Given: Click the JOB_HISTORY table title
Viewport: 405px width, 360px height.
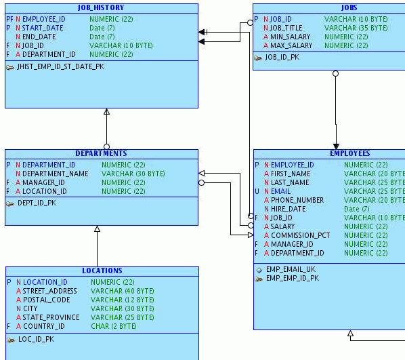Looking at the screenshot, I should [101, 8].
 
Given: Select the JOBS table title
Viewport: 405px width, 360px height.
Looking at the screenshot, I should [349, 8].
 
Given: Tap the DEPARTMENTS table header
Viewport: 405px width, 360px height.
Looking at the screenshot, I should [101, 153].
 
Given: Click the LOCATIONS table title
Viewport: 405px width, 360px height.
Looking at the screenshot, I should [102, 271].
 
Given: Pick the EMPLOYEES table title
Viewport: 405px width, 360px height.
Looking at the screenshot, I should [349, 153].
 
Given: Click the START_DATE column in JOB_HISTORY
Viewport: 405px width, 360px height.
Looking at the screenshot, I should [43, 28].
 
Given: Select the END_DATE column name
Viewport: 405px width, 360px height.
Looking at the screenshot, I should [39, 37].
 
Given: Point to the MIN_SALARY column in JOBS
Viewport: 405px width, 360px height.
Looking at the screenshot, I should [291, 37].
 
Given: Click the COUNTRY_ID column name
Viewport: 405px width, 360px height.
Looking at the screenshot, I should [44, 326].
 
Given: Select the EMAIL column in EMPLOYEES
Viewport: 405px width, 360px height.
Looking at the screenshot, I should [281, 192].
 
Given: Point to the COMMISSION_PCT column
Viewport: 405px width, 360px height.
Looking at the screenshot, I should [301, 235].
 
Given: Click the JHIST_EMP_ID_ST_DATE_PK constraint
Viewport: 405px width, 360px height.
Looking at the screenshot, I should [60, 67].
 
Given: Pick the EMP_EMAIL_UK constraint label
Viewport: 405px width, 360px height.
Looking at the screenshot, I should [291, 269].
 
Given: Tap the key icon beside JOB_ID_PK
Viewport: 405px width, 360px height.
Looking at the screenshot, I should [258, 58].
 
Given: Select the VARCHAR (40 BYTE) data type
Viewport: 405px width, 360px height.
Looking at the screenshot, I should [123, 291].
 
